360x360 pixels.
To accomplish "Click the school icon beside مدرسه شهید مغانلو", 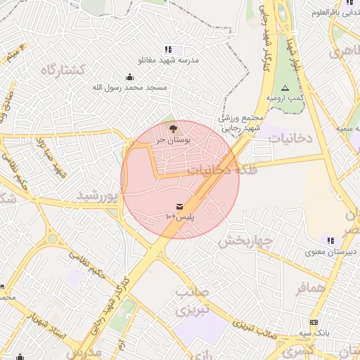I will [168, 50].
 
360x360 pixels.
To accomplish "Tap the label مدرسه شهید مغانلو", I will [169, 60].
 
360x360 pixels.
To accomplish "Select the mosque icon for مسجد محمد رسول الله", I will [129, 77].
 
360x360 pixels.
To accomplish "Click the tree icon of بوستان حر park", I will [173, 128].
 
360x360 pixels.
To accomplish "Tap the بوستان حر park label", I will [169, 139].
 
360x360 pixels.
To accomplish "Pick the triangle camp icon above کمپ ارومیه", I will [285, 88].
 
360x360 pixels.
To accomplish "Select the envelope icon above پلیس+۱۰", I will [180, 207].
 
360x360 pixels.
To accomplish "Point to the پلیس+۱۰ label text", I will [180, 217].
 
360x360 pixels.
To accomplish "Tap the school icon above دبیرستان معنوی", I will [330, 240].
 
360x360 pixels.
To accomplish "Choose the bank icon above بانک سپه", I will [314, 321].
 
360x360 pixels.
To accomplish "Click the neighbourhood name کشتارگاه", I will [63, 70].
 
